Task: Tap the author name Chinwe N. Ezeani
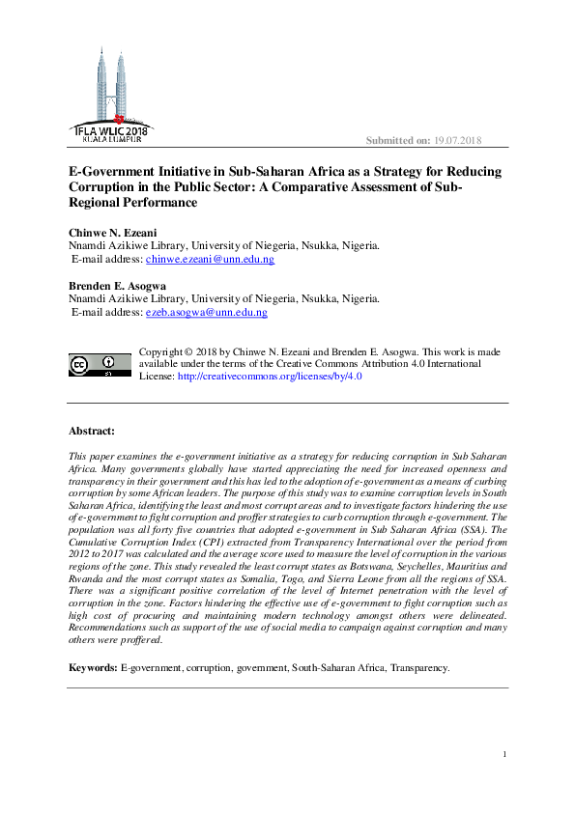click(x=113, y=233)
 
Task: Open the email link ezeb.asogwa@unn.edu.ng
click(x=206, y=313)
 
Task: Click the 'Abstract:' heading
click(x=92, y=431)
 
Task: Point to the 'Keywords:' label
click(x=92, y=667)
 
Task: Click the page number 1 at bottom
click(x=504, y=754)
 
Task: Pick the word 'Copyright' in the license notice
click(x=163, y=351)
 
